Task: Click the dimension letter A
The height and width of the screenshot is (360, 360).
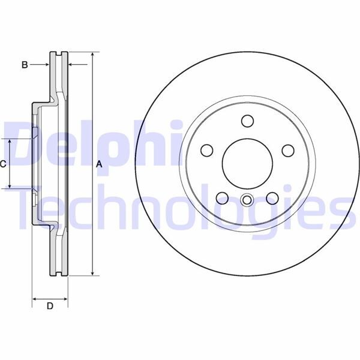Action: pyautogui.click(x=100, y=164)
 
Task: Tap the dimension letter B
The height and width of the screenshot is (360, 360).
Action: pyautogui.click(x=25, y=64)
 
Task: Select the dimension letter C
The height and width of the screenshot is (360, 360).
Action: pyautogui.click(x=3, y=164)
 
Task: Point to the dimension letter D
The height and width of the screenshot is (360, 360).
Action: pyautogui.click(x=50, y=307)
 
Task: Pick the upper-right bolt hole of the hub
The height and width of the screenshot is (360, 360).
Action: pyautogui.click(x=289, y=150)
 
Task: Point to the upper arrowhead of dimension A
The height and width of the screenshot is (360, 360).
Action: pyautogui.click(x=92, y=55)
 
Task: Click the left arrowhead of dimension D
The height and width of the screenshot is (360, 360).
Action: pyautogui.click(x=35, y=298)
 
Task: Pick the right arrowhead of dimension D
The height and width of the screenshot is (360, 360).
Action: pyautogui.click(x=65, y=298)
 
